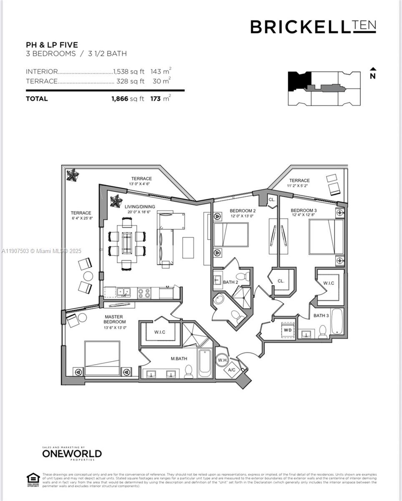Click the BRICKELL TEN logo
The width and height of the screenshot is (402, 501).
[x=313, y=27]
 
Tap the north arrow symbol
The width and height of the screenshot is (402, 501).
[x=373, y=73]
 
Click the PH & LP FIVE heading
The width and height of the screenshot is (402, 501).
[x=52, y=45]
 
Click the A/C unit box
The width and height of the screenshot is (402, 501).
[x=232, y=369]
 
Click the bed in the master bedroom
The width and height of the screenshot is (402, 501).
[x=102, y=359]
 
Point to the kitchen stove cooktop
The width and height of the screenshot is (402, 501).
[x=144, y=293]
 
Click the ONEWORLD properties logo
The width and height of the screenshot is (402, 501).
[x=71, y=453]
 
